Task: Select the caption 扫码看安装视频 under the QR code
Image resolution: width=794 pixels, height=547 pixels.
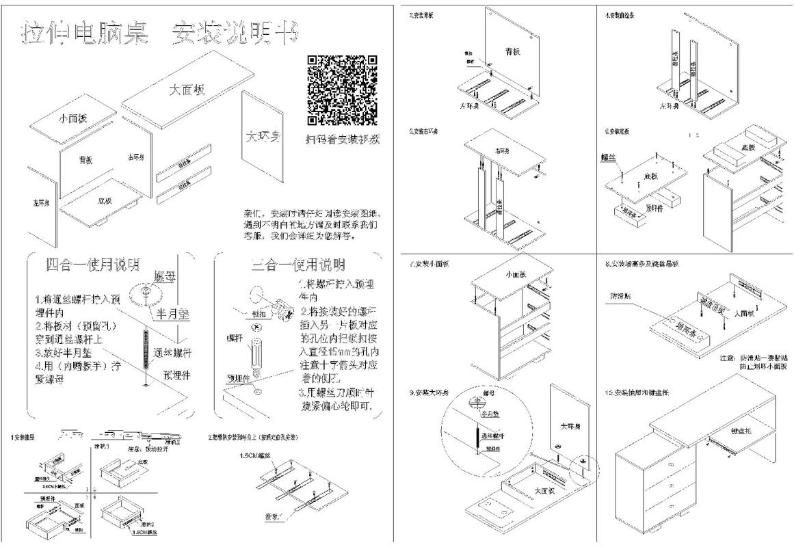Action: (343, 139)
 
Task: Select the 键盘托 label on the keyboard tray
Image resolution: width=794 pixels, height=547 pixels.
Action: (741, 431)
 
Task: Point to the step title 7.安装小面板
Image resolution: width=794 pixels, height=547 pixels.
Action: (430, 264)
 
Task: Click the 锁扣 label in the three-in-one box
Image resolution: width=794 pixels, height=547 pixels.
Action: (259, 314)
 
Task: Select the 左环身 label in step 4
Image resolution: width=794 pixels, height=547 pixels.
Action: (669, 106)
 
